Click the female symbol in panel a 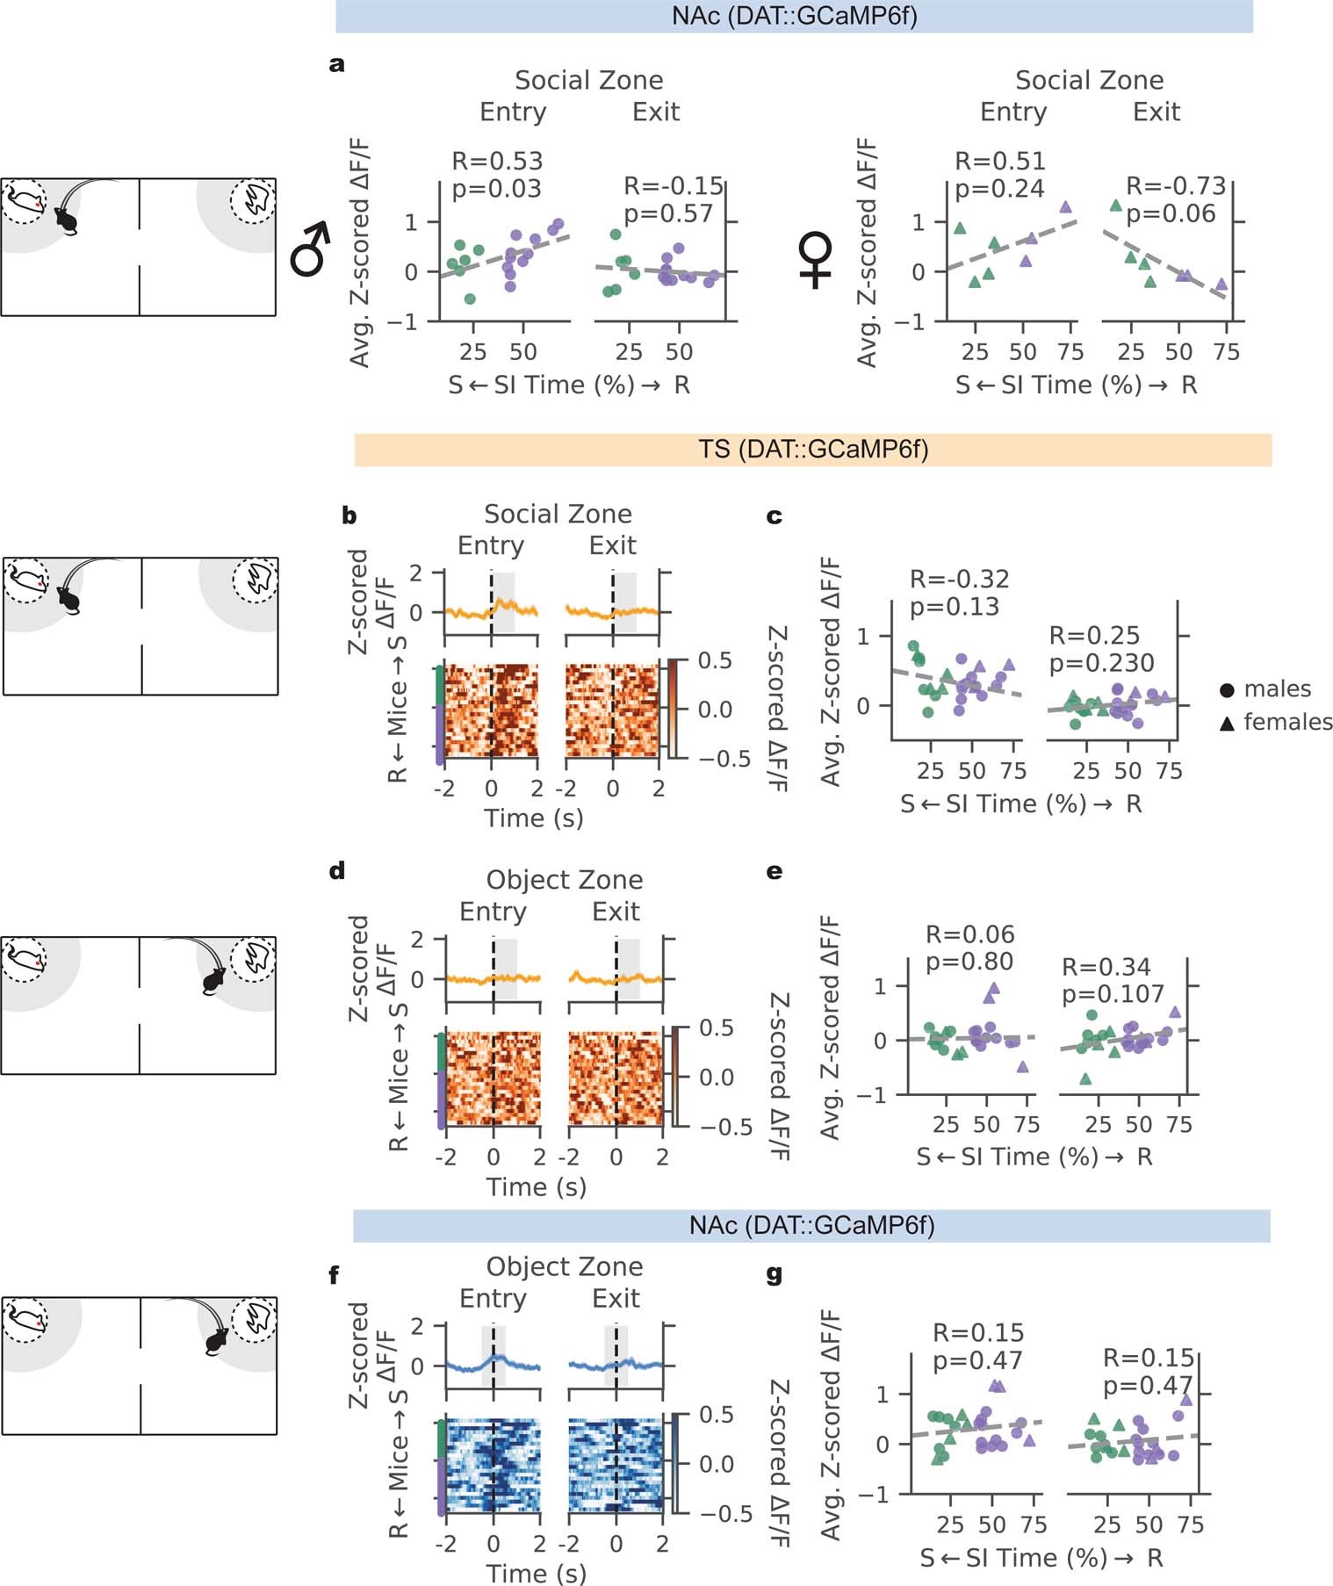click(816, 260)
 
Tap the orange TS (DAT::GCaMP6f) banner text click(814, 450)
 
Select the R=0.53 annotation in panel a click(497, 162)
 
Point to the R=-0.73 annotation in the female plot click(1176, 186)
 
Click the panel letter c click(774, 516)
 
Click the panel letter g click(774, 1273)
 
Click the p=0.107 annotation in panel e click(1113, 994)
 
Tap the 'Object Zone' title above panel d click(565, 880)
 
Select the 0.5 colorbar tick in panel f click(716, 1415)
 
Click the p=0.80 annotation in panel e click(969, 962)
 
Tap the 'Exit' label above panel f click(616, 1298)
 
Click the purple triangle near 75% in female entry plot click(1066, 207)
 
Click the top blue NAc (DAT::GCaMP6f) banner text click(794, 16)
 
